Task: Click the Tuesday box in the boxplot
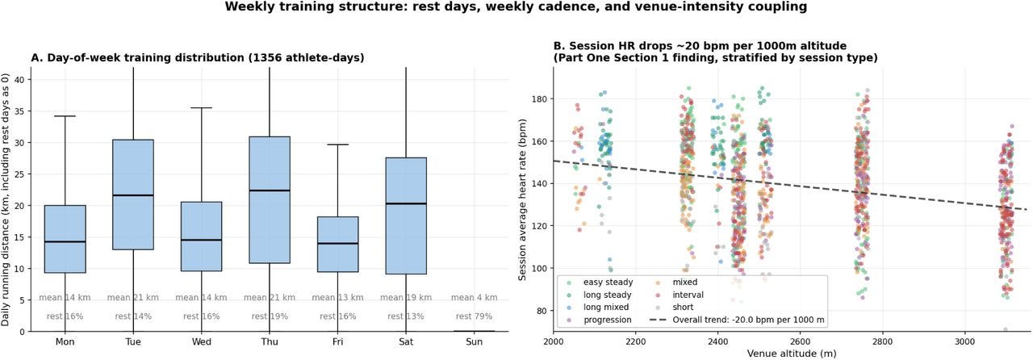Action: point(133,195)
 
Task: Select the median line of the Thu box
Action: point(270,190)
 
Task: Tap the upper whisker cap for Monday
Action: point(65,116)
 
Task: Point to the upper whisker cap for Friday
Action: point(338,144)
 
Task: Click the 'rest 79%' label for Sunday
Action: point(474,316)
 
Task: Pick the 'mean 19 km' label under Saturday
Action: point(406,297)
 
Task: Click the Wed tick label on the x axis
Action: point(202,341)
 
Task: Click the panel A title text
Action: point(198,57)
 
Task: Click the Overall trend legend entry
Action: point(737,320)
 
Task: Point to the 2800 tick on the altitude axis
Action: point(883,341)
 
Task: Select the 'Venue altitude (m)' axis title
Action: point(792,354)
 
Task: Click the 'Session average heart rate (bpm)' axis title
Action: point(522,199)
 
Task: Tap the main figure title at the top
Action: point(516,7)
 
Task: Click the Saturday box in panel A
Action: point(406,216)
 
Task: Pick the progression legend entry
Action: point(601,320)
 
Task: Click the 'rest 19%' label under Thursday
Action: point(270,316)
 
